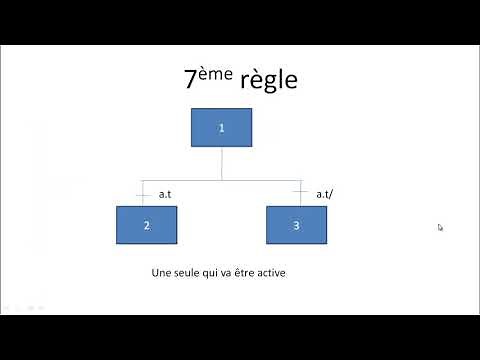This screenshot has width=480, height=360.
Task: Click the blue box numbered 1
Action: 221,127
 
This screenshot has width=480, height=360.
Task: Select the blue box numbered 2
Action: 146,225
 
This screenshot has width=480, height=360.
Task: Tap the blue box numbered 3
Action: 296,225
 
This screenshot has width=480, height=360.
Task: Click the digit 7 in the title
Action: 190,81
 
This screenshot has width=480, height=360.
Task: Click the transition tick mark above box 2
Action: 146,193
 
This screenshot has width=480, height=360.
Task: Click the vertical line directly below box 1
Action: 221,163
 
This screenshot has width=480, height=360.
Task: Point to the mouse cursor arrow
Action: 440,227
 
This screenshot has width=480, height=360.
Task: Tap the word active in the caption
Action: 271,272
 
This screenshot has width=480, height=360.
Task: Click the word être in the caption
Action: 242,272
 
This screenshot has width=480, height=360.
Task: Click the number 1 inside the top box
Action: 221,127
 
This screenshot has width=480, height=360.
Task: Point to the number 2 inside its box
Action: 146,225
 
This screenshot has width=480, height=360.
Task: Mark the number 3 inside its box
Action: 296,225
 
